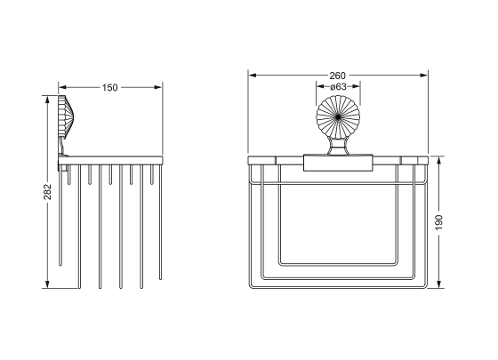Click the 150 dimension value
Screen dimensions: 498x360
pyautogui.click(x=110, y=87)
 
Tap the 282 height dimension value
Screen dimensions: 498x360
pyautogui.click(x=47, y=192)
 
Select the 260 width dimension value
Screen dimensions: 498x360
pyautogui.click(x=337, y=76)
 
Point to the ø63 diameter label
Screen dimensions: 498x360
pyautogui.click(x=338, y=86)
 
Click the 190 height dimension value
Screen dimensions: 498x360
pyautogui.click(x=438, y=222)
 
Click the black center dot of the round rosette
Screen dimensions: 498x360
pyautogui.click(x=338, y=117)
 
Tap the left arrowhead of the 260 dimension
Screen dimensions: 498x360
pyautogui.click(x=253, y=76)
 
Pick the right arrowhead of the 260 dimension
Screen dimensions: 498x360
pyautogui.click(x=424, y=76)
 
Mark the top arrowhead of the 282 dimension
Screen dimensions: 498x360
pyautogui.click(x=47, y=100)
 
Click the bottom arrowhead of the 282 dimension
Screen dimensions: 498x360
pyautogui.click(x=47, y=284)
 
